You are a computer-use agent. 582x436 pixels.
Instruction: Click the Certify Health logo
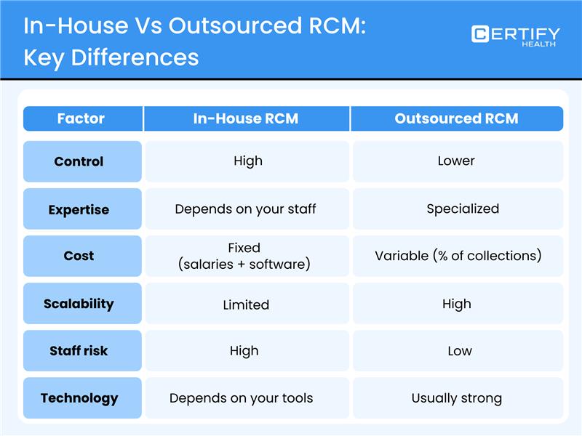point(515,36)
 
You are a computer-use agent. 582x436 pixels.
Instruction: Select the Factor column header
point(81,118)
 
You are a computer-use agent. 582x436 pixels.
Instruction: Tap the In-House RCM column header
point(246,118)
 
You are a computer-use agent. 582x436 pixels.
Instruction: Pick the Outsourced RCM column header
point(456,118)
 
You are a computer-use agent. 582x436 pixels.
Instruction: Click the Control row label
point(79,161)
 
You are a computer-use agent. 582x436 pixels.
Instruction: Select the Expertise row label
point(79,209)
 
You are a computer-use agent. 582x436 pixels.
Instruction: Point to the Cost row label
point(79,256)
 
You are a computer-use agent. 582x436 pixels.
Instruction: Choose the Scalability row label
point(79,304)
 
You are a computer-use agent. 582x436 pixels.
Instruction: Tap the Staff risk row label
point(79,350)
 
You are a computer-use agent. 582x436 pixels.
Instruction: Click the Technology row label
point(79,397)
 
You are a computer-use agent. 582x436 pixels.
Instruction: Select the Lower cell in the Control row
point(456,161)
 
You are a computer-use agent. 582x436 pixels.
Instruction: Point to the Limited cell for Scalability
point(246,304)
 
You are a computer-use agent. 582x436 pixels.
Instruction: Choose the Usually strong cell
point(457,397)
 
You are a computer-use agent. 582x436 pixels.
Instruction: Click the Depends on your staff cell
point(246,209)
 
